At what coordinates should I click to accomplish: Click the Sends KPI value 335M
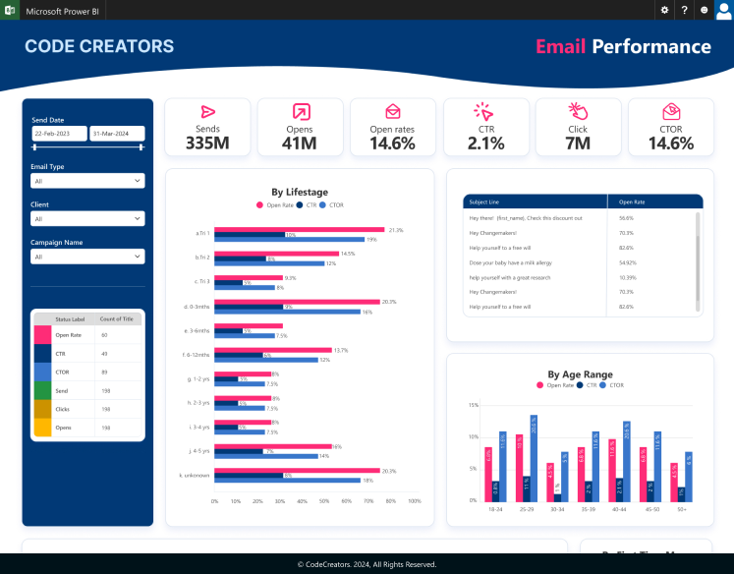[207, 143]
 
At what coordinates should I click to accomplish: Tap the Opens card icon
[300, 112]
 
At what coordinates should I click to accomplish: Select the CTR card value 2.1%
[485, 143]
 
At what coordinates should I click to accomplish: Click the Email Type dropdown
[87, 181]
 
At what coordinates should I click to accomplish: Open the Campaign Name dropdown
[87, 257]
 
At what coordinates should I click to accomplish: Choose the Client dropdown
[87, 218]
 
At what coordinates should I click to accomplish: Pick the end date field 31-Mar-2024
[116, 133]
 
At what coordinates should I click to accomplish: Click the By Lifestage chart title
[300, 192]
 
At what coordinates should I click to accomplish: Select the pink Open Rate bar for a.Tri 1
[300, 230]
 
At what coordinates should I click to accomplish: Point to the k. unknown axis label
[196, 475]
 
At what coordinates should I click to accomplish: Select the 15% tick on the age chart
[473, 404]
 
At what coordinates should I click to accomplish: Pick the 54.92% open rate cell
[628, 262]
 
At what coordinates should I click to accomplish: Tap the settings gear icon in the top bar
[664, 9]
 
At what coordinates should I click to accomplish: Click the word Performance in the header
[651, 46]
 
